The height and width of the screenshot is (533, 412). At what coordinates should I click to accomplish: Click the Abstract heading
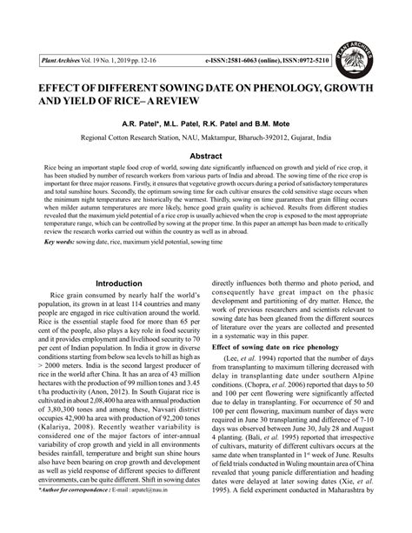pyautogui.click(x=205, y=157)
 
